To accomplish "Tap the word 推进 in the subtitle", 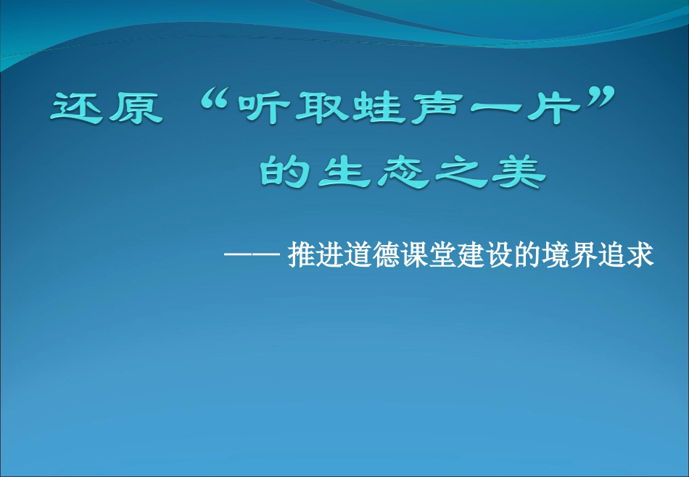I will tap(313, 255).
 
